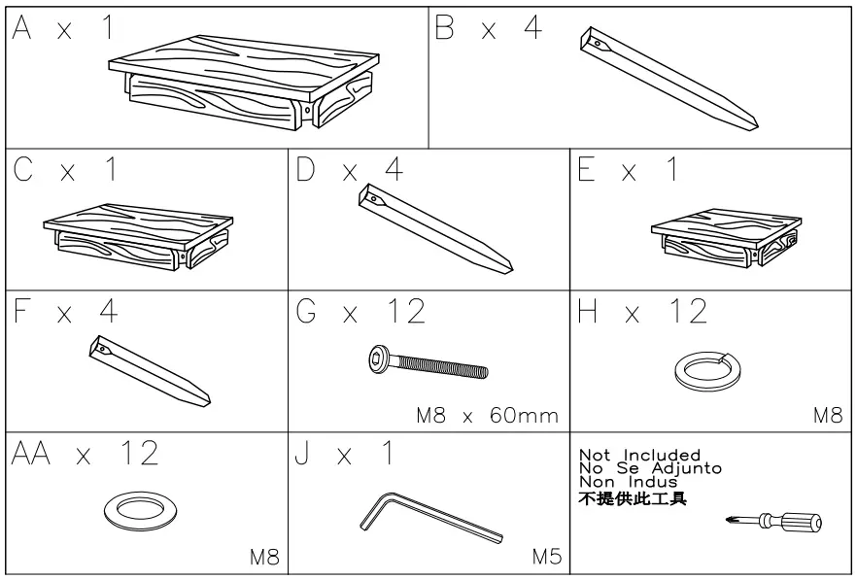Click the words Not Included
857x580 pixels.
(639, 455)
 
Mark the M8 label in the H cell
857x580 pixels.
(828, 416)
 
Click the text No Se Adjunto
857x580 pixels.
(650, 468)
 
